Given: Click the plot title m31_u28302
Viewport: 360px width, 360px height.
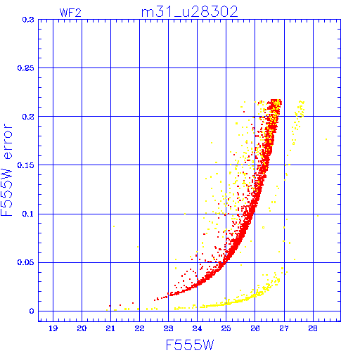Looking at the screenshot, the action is pos(190,12).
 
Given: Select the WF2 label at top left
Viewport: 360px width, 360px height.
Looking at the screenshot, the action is pos(70,13).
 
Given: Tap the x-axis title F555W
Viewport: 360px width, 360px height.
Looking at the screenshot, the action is pos(190,345).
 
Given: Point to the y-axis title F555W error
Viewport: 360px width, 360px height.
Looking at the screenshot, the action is pos(7,169).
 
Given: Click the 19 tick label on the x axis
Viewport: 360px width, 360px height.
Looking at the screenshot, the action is pos(53,328).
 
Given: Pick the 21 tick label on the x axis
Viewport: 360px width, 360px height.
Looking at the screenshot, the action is pos(110,328).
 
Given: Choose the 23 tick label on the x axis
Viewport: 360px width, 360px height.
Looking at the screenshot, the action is pos(168,328).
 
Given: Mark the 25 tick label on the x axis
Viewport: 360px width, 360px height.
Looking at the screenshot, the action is pos(226,328).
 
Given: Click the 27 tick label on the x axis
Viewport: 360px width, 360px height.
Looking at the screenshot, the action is pos(284,328).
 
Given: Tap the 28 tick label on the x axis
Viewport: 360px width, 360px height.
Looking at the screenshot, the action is pos(313,328).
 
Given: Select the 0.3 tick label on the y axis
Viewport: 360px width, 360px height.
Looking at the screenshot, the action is pos(28,20).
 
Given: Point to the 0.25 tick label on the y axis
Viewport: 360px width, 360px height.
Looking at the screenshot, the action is pos(26,68).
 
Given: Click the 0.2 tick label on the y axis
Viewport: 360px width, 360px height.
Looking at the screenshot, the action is pos(28,117).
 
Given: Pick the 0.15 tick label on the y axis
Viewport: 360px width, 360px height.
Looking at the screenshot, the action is pos(26,165).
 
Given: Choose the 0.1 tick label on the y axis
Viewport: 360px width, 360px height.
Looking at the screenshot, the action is pos(28,214).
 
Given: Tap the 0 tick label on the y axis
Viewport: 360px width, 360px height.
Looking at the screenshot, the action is pos(32,311).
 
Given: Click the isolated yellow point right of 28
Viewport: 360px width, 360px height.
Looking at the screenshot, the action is pos(326,139).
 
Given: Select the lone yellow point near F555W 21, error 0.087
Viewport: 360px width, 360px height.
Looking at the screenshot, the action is pos(114,226).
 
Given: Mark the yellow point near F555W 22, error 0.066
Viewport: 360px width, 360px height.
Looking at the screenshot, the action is pos(138,247).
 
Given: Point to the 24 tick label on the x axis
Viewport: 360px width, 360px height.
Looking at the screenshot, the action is pos(197,328).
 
